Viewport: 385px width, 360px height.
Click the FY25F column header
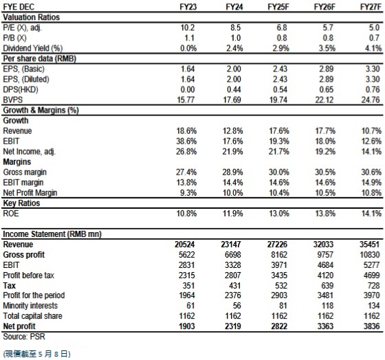pyautogui.click(x=278, y=7)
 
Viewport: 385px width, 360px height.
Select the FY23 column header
pyautogui.click(x=188, y=7)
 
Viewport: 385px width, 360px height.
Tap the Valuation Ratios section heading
pyautogui.click(x=31, y=17)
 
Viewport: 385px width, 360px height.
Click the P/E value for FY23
pyautogui.click(x=188, y=27)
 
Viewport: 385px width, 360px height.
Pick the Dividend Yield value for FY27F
pyautogui.click(x=373, y=48)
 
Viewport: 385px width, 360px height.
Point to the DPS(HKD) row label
pyautogui.click(x=21, y=89)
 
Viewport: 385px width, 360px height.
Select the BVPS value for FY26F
pyautogui.click(x=324, y=100)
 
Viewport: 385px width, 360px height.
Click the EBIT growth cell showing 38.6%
pyautogui.click(x=186, y=141)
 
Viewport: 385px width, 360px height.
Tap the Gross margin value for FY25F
pyautogui.click(x=278, y=172)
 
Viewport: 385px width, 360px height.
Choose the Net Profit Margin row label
pyautogui.click(x=30, y=193)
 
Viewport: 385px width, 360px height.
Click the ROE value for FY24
pyautogui.click(x=233, y=213)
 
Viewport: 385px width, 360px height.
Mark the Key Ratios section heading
pyautogui.click(x=21, y=203)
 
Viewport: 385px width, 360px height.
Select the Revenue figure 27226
pyautogui.click(x=277, y=245)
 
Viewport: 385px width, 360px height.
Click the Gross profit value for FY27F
pyautogui.click(x=370, y=255)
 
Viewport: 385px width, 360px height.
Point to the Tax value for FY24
pyautogui.click(x=233, y=286)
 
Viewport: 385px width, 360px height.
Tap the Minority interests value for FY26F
pyautogui.click(x=327, y=306)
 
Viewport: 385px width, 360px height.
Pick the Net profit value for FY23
pyautogui.click(x=186, y=326)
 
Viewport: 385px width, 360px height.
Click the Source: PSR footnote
pyautogui.click(x=24, y=337)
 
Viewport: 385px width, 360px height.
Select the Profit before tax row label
pyautogui.click(x=28, y=275)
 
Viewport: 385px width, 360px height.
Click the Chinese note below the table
pyautogui.click(x=37, y=354)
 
